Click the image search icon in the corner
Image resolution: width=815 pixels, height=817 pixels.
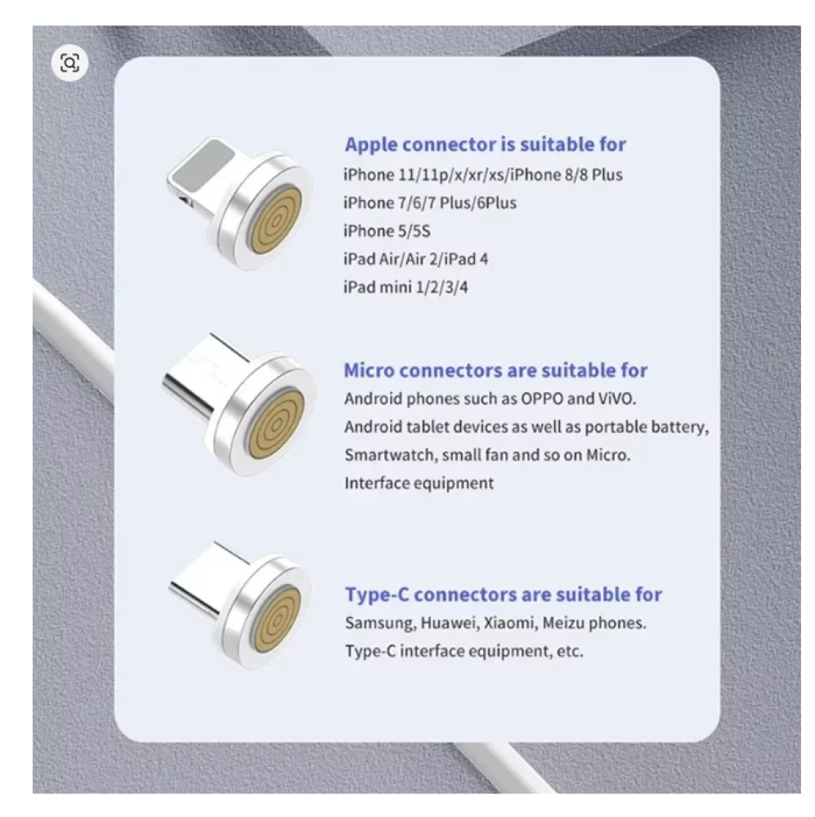click(x=69, y=63)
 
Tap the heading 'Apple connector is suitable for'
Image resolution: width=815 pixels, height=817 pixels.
click(x=486, y=145)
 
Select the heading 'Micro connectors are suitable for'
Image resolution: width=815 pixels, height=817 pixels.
click(x=496, y=370)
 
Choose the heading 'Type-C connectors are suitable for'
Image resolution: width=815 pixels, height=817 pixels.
click(x=504, y=595)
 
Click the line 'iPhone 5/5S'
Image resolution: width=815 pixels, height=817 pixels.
click(x=387, y=231)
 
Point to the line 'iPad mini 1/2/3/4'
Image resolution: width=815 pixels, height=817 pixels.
click(x=405, y=287)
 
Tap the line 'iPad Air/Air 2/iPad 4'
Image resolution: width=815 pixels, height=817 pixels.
click(x=416, y=259)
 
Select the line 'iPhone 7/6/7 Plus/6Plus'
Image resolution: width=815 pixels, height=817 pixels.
click(x=430, y=203)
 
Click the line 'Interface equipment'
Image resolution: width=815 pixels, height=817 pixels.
click(x=419, y=484)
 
